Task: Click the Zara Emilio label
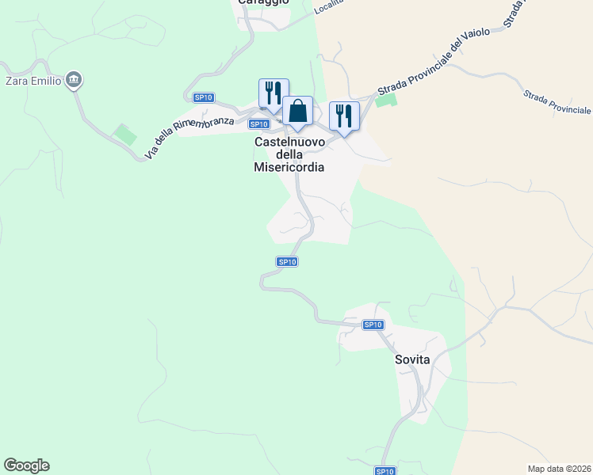pyautogui.click(x=33, y=80)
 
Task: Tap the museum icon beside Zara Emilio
pyautogui.click(x=75, y=79)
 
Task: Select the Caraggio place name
pyautogui.click(x=264, y=3)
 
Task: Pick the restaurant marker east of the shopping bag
pyautogui.click(x=344, y=116)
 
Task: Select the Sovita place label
pyautogui.click(x=412, y=359)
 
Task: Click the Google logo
pyautogui.click(x=26, y=465)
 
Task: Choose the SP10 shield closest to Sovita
pyautogui.click(x=373, y=325)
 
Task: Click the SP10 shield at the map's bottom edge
pyautogui.click(x=384, y=471)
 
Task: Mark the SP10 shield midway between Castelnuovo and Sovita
pyautogui.click(x=287, y=261)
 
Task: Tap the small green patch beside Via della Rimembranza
pyautogui.click(x=124, y=134)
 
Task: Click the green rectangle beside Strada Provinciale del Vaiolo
pyautogui.click(x=386, y=101)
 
